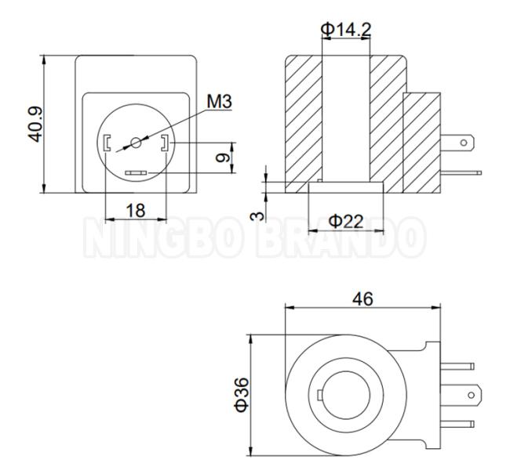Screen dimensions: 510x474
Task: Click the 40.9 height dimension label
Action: [35, 124]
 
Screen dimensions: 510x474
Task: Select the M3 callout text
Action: [220, 101]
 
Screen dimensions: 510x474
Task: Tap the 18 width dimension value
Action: [136, 211]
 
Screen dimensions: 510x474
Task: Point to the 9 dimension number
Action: [223, 158]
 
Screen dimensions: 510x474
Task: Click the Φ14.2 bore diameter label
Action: [346, 30]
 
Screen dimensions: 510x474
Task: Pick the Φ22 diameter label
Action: [345, 222]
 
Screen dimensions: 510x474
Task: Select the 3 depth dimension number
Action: [257, 215]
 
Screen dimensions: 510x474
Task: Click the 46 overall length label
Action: [362, 299]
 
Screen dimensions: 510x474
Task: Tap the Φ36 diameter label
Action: [242, 395]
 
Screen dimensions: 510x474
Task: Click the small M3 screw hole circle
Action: [136, 143]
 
